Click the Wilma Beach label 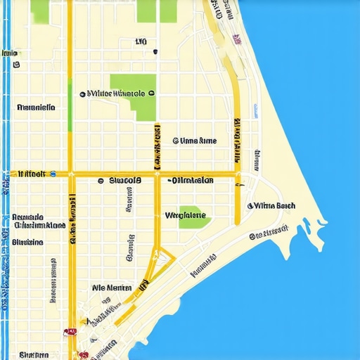click(x=274, y=206)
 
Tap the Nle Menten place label click(x=112, y=288)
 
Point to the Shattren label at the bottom click(x=33, y=354)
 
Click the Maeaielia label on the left click(x=36, y=108)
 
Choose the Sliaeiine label click(x=28, y=242)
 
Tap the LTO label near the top click(x=141, y=42)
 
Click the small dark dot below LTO click(x=154, y=51)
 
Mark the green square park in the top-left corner click(x=40, y=10)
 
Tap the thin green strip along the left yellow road click(x=70, y=105)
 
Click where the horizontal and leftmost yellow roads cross click(x=71, y=174)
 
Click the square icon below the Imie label click(x=15, y=65)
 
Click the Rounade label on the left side click(x=29, y=217)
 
